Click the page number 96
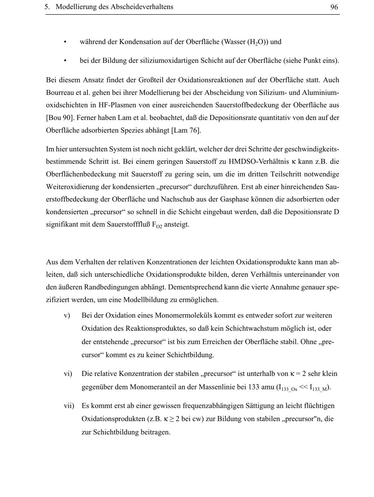(x=334, y=7)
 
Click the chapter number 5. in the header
(x=47, y=7)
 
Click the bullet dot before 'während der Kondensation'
(x=65, y=42)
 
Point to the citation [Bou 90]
(x=59, y=118)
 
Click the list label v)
(x=67, y=315)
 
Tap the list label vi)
(x=68, y=374)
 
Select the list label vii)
(x=69, y=405)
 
